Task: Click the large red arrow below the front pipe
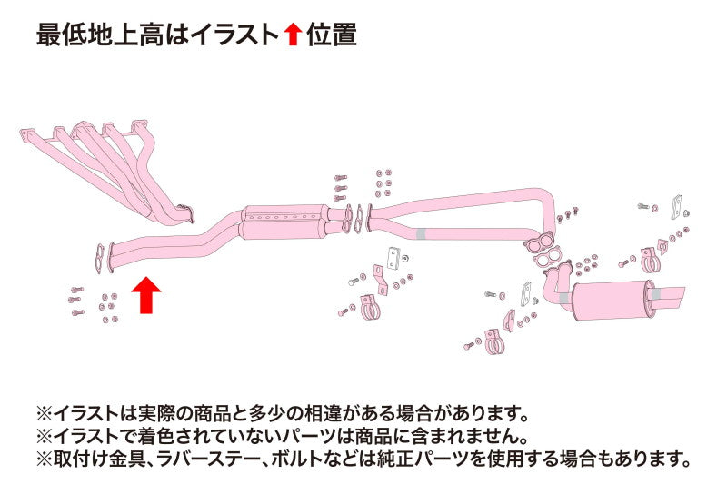(x=146, y=294)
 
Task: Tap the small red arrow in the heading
(x=293, y=35)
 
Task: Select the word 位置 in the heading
(x=331, y=35)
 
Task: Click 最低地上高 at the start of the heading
(x=100, y=35)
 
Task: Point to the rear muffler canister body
(x=611, y=301)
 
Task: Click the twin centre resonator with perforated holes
(x=282, y=222)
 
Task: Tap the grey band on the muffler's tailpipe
(x=656, y=294)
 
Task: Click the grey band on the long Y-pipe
(x=421, y=234)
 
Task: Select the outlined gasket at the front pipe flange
(x=99, y=259)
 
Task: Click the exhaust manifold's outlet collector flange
(x=186, y=214)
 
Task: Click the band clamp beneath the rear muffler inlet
(x=493, y=342)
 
